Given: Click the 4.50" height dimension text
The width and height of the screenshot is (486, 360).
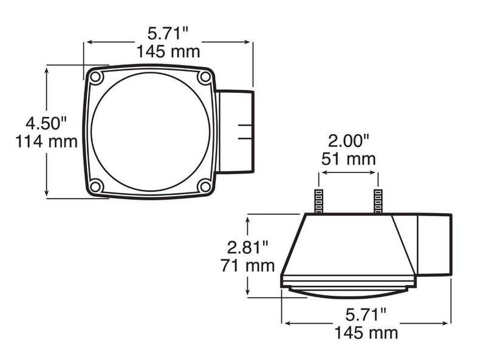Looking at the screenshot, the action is click(46, 123).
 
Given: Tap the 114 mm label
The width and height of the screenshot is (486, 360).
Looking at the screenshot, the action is click(47, 141).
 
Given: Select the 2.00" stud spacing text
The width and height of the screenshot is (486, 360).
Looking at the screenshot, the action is click(349, 141).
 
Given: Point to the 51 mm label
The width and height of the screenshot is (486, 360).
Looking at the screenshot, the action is click(348, 159).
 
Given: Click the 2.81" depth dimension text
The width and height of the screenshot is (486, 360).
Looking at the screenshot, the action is click(248, 248).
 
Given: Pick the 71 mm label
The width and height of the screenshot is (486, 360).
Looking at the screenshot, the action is click(248, 265).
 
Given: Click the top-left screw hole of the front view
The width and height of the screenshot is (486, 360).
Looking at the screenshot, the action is click(95, 77).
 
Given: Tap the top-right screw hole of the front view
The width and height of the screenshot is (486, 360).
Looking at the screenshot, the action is click(205, 76).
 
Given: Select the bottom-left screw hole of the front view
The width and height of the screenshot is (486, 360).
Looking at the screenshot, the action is click(95, 186).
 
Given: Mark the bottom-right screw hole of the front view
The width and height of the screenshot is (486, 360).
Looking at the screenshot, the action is click(205, 186).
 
